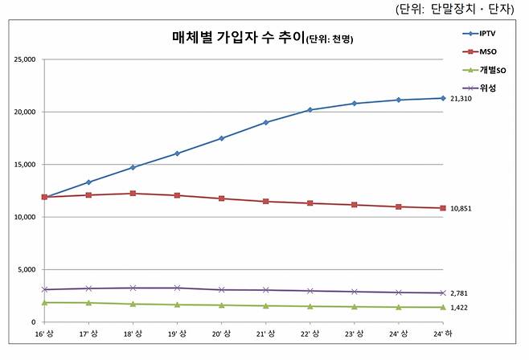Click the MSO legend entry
[x=487, y=51]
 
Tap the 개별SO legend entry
[x=490, y=70]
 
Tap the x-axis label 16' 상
[x=44, y=333]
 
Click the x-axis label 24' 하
[x=442, y=333]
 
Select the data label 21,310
[x=461, y=99]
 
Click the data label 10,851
[x=461, y=209]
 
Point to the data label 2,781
[x=459, y=293]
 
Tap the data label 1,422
[x=459, y=308]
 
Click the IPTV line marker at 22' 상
[x=310, y=110]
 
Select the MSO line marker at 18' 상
[x=133, y=194]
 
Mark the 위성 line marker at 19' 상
[x=177, y=288]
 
